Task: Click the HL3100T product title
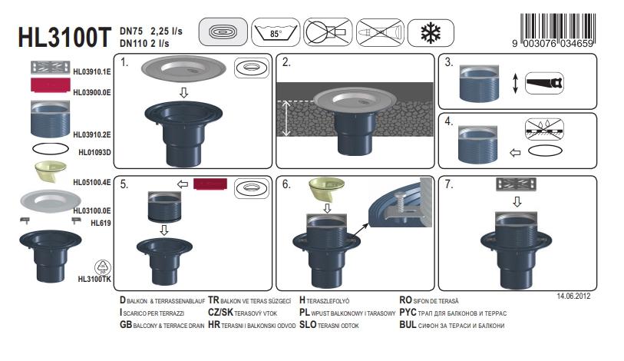pyautogui.click(x=64, y=38)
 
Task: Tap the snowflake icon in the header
pyautogui.click(x=431, y=33)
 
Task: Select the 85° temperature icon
pyautogui.click(x=276, y=32)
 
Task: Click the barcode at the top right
pyautogui.click(x=557, y=30)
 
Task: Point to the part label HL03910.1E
pyautogui.click(x=92, y=71)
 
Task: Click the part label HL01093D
pyautogui.click(x=94, y=152)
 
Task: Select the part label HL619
pyautogui.click(x=101, y=224)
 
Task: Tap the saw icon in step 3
pyautogui.click(x=544, y=83)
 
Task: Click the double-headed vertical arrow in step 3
pyautogui.click(x=515, y=83)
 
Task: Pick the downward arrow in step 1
pyautogui.click(x=183, y=92)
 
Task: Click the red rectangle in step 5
pyautogui.click(x=210, y=184)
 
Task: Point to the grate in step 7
pyautogui.click(x=516, y=184)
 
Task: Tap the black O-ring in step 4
pyautogui.click(x=545, y=151)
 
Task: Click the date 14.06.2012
pyautogui.click(x=573, y=296)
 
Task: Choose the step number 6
pyautogui.click(x=286, y=184)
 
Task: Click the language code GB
pyautogui.click(x=126, y=325)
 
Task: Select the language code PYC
pyautogui.click(x=408, y=313)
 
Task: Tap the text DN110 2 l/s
pyautogui.click(x=144, y=43)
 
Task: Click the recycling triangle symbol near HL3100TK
pyautogui.click(x=103, y=267)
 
